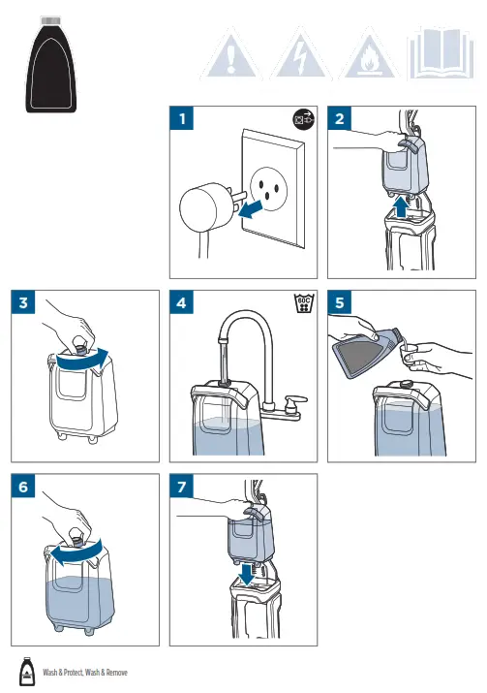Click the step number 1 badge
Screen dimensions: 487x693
181,118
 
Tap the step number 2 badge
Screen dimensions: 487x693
339,118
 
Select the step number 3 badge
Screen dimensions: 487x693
23,302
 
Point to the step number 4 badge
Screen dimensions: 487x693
181,302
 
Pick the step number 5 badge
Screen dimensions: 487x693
339,302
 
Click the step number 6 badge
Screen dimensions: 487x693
23,487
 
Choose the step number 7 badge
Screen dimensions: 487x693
181,487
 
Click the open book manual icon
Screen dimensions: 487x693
441,54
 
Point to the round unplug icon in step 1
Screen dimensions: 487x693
304,119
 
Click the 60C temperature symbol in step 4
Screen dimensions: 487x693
304,303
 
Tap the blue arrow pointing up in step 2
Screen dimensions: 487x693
401,206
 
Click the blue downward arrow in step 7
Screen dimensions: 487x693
246,574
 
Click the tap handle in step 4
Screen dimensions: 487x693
295,400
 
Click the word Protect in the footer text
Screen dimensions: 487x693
73,673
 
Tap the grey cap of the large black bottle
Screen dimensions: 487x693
50,20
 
